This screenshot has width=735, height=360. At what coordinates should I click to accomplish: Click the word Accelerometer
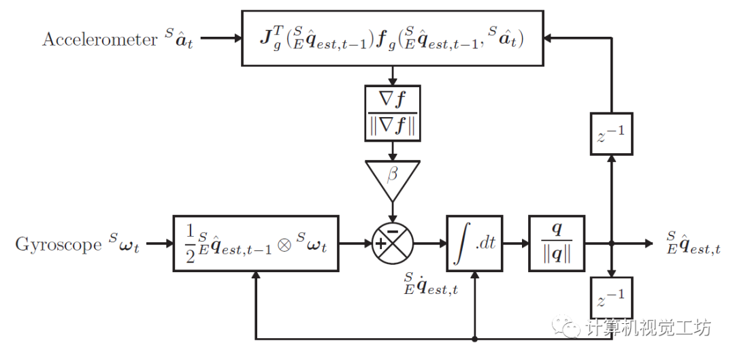pos(99,39)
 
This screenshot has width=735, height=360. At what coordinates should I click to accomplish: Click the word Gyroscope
pos(58,244)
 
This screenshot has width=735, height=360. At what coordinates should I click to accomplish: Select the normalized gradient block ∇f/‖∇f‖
pos(393,113)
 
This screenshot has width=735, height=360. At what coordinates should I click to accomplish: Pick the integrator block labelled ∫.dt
pos(474,243)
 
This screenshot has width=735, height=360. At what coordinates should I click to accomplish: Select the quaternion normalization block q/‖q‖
pos(557,243)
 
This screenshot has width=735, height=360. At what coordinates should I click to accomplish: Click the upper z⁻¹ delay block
pos(611,133)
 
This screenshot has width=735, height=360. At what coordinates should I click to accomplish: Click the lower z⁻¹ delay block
pos(611,297)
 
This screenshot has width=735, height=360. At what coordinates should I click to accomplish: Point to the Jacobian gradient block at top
pos(393,38)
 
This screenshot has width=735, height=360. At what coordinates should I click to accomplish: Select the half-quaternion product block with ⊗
pos(256,243)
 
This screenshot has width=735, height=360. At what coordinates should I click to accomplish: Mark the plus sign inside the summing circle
pos(381,244)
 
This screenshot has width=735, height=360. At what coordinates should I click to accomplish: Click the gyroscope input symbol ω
pos(127,245)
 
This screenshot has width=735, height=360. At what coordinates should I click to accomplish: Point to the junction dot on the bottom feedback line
pos(474,338)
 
